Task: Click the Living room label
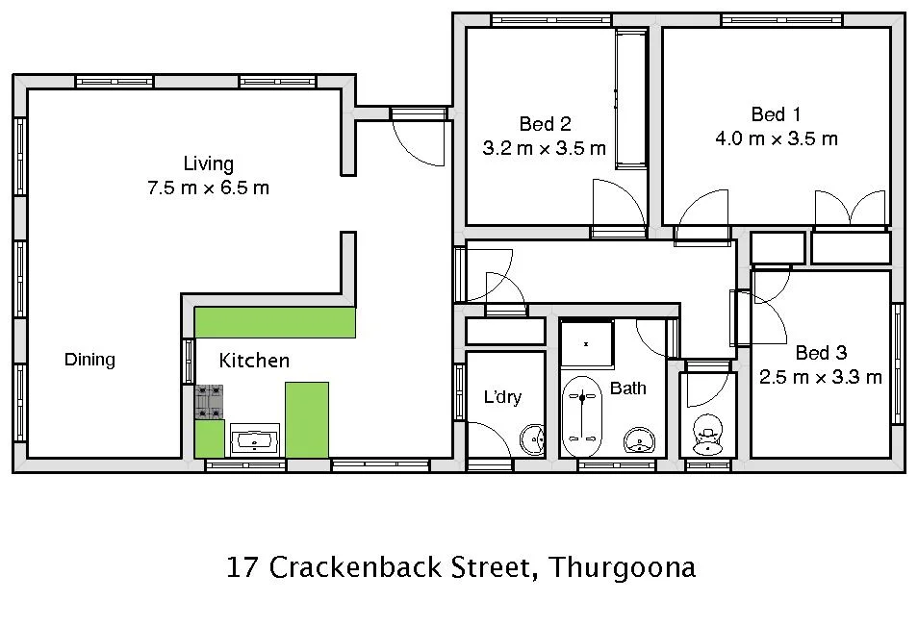(208, 163)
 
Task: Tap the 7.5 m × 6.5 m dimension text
(208, 188)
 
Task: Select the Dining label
(89, 360)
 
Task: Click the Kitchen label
(254, 361)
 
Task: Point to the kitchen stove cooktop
(209, 402)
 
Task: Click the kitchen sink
(254, 440)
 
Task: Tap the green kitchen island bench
(307, 419)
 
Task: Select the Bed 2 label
(545, 124)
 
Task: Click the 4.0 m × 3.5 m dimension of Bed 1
(776, 138)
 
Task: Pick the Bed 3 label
(821, 353)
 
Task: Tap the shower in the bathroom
(586, 342)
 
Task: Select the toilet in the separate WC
(708, 435)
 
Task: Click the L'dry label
(502, 396)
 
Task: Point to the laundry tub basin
(532, 440)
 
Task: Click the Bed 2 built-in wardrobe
(631, 98)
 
